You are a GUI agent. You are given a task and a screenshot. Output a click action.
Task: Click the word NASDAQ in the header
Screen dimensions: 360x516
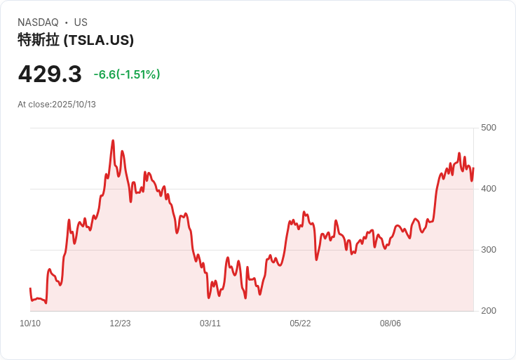[38, 22]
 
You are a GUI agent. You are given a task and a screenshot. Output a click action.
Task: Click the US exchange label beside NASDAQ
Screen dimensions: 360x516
[81, 22]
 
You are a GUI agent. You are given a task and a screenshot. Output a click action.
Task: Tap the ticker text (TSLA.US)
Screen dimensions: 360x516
[98, 40]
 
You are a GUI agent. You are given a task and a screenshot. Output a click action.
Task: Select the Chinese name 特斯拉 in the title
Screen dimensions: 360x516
[39, 40]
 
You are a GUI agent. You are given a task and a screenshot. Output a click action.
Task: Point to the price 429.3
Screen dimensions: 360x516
[50, 74]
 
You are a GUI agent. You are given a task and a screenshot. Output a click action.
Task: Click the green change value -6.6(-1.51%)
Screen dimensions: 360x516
[127, 74]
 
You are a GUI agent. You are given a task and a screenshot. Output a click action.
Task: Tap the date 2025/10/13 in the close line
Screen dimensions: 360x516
[74, 105]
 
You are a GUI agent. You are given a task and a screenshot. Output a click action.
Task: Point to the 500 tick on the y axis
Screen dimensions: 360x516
[488, 128]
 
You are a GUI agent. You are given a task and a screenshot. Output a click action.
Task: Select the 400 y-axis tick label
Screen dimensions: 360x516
[488, 189]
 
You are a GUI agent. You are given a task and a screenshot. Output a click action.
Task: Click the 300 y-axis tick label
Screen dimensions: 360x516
[488, 250]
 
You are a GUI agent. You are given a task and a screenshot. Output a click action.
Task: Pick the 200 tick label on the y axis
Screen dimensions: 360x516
[488, 311]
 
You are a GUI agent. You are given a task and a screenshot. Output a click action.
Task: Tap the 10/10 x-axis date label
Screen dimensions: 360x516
[30, 324]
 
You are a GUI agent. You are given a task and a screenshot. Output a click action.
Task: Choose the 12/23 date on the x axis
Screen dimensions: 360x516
[120, 324]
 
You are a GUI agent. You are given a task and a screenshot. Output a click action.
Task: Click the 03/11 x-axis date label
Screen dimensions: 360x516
[210, 324]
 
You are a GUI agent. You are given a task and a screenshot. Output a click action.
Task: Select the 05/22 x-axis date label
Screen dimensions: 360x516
[300, 324]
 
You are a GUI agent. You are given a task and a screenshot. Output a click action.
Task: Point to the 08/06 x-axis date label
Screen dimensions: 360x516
[391, 324]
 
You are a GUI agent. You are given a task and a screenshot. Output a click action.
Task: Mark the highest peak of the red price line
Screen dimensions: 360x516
[113, 140]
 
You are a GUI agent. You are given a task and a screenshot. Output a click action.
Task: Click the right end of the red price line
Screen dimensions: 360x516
[473, 168]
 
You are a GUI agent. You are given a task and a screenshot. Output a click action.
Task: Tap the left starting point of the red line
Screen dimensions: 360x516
[30, 288]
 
